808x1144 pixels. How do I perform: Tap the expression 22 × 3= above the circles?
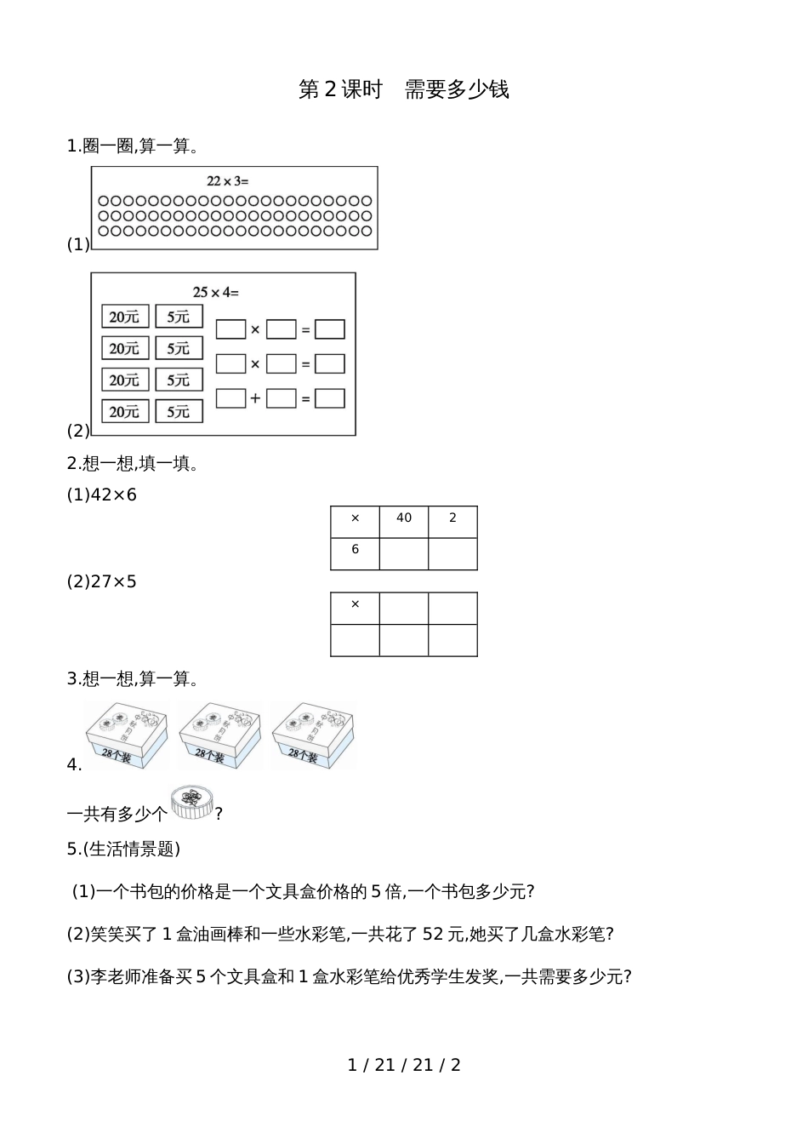click(227, 180)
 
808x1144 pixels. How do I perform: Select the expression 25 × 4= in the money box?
click(215, 292)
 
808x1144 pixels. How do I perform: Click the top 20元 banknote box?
click(125, 317)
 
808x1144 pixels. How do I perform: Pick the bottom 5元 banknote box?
click(179, 411)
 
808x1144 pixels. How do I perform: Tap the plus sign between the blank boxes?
click(255, 398)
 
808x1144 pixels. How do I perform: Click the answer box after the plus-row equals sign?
click(330, 398)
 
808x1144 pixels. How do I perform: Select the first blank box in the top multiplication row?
click(230, 329)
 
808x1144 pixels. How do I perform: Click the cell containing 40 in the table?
click(404, 518)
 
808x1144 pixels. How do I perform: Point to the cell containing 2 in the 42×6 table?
click(452, 518)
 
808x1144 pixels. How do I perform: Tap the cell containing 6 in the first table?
click(356, 551)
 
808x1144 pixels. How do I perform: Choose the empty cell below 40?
click(404, 553)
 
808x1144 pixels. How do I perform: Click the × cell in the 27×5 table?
click(356, 605)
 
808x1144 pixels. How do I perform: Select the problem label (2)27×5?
click(101, 582)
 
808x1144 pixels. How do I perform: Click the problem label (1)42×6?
click(101, 495)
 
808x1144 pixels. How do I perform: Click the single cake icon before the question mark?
click(191, 804)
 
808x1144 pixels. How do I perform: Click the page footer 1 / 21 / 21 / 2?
click(404, 1065)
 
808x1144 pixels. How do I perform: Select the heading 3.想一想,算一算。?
click(133, 679)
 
